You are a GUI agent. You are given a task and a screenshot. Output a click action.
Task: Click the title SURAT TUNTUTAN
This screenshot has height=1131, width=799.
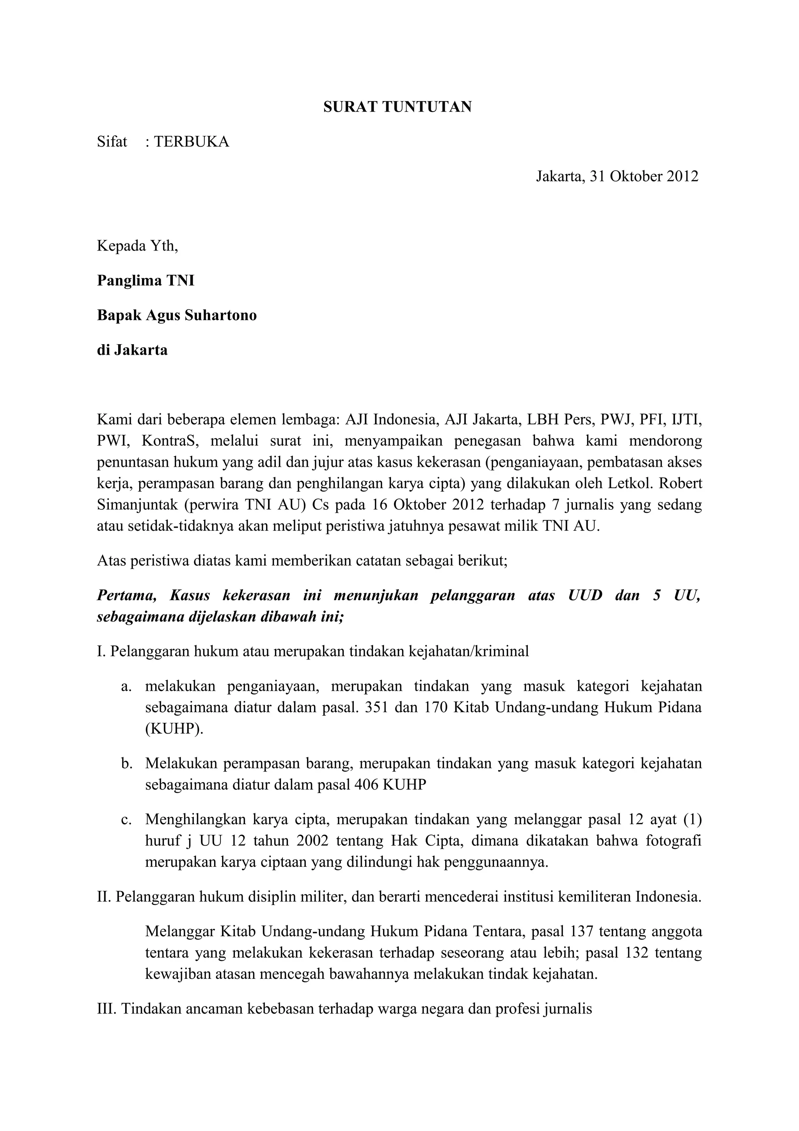[x=397, y=107]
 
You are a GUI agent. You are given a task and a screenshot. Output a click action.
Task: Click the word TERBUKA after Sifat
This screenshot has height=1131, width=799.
[x=192, y=142]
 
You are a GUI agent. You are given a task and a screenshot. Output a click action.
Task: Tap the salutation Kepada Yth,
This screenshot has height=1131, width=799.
[x=137, y=246]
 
